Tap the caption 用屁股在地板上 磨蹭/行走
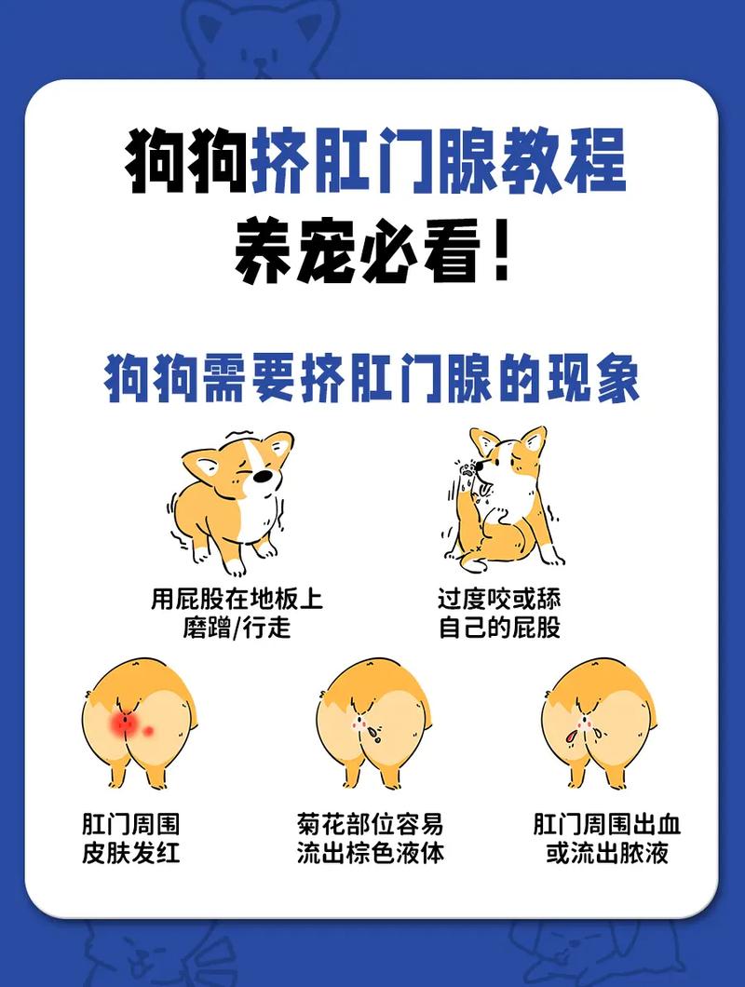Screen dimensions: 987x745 (x=237, y=612)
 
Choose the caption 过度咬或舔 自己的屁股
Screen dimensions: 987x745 (x=500, y=612)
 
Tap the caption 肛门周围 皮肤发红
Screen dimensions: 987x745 (x=130, y=838)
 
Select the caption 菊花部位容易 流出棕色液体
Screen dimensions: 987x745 (x=371, y=838)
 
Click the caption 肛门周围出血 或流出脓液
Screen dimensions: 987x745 (x=607, y=838)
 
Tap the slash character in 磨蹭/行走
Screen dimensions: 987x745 (x=236, y=627)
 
